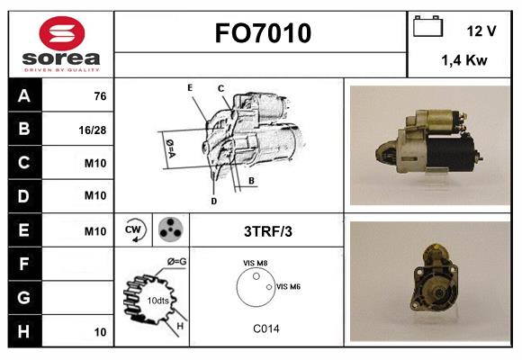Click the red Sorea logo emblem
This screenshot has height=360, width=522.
62,33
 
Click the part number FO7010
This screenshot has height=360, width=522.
263,33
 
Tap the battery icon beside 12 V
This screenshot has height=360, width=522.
427,26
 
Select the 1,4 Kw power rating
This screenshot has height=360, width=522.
464,60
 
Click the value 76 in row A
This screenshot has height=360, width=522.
100,96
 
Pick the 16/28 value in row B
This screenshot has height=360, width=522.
92,130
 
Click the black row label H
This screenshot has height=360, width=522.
24,331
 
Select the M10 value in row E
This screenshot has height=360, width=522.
95,231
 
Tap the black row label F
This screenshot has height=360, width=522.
24,264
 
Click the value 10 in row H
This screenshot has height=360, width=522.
100,332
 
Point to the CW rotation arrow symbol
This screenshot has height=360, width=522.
134,229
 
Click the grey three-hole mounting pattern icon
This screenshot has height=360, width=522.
170,229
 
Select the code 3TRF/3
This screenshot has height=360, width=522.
268,231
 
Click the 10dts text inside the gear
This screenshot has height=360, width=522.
157,301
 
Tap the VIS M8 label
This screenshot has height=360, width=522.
255,263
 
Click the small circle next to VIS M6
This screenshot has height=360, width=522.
269,287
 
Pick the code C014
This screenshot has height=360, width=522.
266,328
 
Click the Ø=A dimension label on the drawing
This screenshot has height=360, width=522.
170,148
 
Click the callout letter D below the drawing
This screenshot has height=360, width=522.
213,201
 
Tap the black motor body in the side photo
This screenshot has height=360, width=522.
450,152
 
